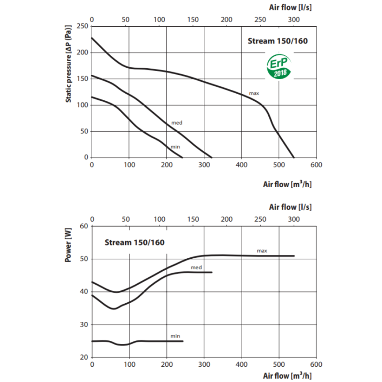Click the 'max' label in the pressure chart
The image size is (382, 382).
click(254, 92)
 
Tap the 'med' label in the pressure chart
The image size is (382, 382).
click(177, 123)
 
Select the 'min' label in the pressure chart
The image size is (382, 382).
click(175, 146)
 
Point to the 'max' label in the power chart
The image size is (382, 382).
click(261, 250)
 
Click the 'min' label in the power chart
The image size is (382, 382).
click(175, 336)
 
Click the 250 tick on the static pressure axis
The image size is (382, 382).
click(83, 26)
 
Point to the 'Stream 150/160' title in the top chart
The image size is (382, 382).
click(277, 41)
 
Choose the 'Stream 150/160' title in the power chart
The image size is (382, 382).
click(134, 242)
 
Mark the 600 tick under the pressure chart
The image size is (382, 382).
click(316, 165)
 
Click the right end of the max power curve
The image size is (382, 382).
click(294, 256)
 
